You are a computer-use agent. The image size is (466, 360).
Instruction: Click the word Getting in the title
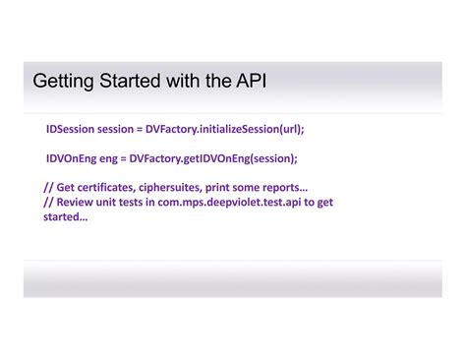(61, 81)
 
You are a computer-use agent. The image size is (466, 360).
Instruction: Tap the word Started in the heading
(128, 81)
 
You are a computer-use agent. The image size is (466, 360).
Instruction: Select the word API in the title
(246, 81)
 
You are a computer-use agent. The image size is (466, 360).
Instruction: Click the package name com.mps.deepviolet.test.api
(229, 202)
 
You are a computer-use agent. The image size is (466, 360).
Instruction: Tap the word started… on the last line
(65, 216)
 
